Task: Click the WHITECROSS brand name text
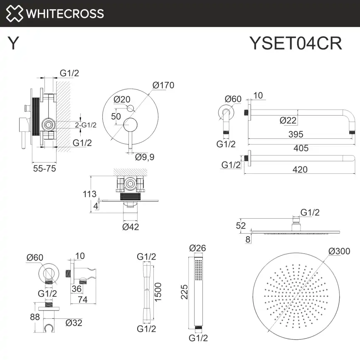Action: [65, 13]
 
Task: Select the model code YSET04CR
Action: [296, 43]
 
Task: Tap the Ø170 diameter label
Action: [163, 85]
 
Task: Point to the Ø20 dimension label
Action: [122, 99]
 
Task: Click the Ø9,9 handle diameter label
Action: [145, 157]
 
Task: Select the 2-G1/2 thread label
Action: [86, 125]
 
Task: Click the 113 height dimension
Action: [89, 194]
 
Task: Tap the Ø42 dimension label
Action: [131, 227]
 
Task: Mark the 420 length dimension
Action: [300, 169]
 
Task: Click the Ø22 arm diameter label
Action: [288, 121]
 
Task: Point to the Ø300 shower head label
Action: [338, 251]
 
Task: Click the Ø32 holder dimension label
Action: [74, 322]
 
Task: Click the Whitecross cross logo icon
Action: [15, 13]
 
